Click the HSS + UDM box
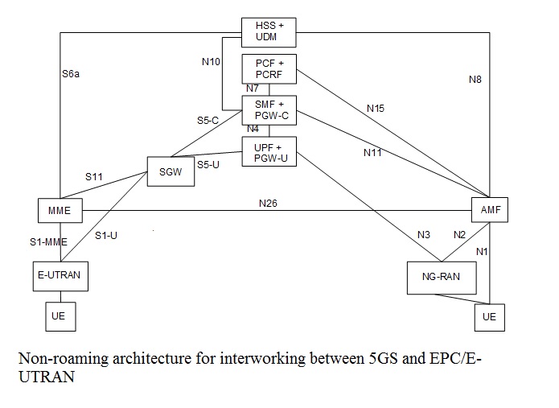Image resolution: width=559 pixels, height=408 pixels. coord(269,33)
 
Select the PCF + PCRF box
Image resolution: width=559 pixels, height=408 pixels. coord(269,69)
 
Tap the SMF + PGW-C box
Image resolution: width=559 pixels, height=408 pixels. coord(269,109)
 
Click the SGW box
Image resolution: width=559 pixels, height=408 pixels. coord(171,171)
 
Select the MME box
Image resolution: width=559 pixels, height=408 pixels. coord(60,211)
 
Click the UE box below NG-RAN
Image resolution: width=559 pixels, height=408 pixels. coord(489,317)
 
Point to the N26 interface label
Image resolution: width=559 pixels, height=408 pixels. coord(269,203)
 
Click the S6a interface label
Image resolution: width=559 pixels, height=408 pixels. coord(72,74)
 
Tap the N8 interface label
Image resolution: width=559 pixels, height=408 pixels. coord(475,79)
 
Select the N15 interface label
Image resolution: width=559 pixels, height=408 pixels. coord(375,107)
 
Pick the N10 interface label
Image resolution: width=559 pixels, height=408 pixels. coord(212,60)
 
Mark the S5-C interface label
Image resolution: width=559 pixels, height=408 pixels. coord(208,120)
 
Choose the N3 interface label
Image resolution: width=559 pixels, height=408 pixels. coord(424,235)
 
